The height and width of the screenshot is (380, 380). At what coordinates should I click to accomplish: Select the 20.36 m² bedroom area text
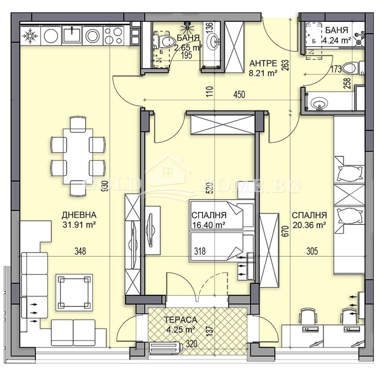click(x=309, y=225)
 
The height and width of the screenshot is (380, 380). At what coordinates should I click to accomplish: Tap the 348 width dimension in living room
click(x=80, y=251)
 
